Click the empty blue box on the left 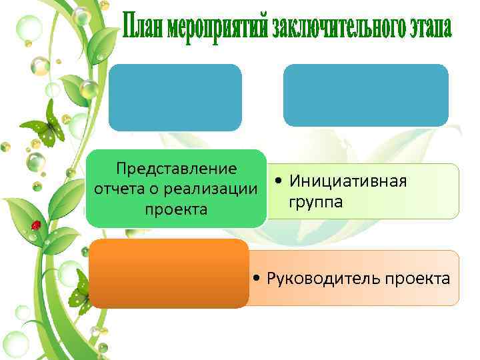point(175,97)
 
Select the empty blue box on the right point(365,95)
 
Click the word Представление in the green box point(176,168)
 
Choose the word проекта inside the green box point(176,209)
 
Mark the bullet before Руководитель point(257,279)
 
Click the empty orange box point(169,274)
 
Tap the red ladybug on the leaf point(37,225)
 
